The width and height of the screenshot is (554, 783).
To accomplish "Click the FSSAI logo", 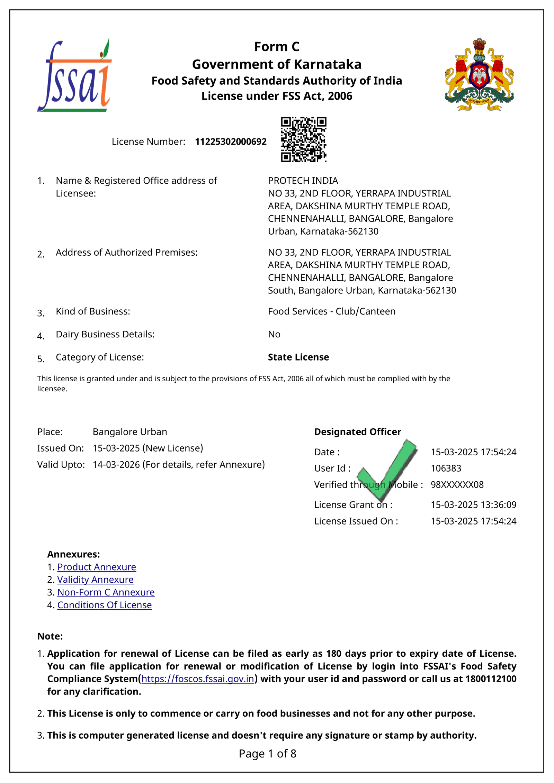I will coord(74,75).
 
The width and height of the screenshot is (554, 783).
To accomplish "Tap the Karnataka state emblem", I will coord(479,75).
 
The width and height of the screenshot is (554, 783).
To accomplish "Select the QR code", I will coord(303,139).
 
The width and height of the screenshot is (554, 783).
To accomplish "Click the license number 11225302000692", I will coord(231,142).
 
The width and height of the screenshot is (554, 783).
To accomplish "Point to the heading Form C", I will coord(277,47).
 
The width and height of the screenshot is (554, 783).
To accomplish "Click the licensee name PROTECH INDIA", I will coord(303,181).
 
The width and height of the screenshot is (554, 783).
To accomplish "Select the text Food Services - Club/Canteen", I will coord(331,311).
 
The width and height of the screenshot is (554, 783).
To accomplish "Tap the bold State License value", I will coord(298,357).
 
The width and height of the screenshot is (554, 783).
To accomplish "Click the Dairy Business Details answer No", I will coord(274,334).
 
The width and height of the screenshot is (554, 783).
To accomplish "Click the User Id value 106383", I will coord(446,468).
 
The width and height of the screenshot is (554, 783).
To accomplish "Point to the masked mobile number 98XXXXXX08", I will coord(457,484).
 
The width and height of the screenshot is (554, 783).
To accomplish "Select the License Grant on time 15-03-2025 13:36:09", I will coord(473,505).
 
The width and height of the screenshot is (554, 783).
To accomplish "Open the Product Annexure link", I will coord(97,567).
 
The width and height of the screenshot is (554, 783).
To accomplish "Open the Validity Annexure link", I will coord(95,580).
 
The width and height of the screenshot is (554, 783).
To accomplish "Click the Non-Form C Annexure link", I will coord(106,592).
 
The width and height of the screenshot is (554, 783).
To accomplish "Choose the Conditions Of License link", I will coord(105,605).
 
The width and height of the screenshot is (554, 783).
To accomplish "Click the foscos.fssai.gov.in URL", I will coord(198,679).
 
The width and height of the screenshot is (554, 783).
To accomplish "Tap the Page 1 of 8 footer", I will coord(267,754).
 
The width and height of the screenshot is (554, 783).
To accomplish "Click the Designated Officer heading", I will coord(357,432).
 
